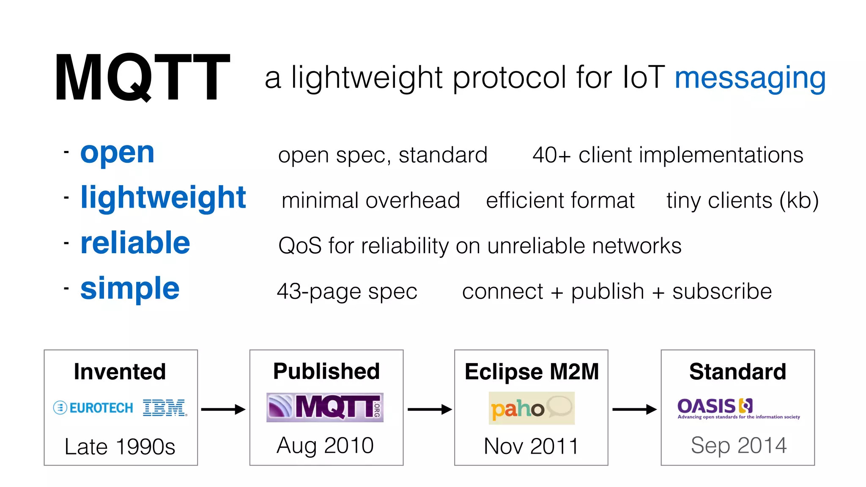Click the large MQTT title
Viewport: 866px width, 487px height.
pos(143,77)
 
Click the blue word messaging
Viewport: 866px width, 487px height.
pos(750,78)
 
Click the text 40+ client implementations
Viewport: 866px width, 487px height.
pos(668,155)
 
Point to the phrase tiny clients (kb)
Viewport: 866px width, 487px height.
pos(743,200)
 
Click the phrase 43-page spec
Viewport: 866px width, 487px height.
pos(347,291)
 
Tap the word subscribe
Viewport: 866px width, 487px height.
pos(722,291)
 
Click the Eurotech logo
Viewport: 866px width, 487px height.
pos(93,408)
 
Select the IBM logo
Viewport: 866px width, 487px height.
pos(164,408)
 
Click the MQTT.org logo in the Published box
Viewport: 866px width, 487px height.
pos(325,408)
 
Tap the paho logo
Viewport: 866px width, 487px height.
pos(531,408)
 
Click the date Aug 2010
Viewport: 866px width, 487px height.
pos(325,446)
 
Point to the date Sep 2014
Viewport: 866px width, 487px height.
pos(738,446)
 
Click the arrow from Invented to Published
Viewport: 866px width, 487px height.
pos(223,409)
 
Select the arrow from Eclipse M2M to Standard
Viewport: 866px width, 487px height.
pos(634,409)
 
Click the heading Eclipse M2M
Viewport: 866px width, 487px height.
pos(532,372)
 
